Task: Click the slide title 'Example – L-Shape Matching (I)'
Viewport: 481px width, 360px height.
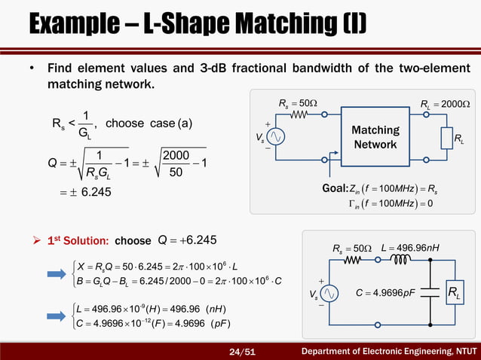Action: pos(198,24)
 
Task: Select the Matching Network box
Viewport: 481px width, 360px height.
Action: pos(375,137)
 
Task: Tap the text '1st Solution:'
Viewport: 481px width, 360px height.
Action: pos(76,241)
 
